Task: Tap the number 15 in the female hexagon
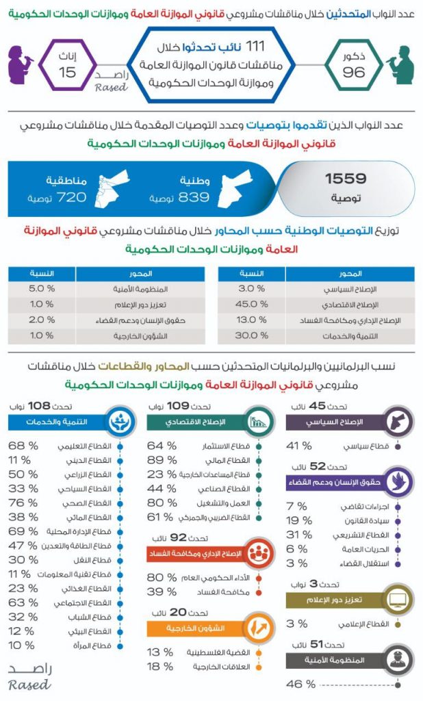[67, 73]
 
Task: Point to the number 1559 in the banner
[346, 179]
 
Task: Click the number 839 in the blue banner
[194, 197]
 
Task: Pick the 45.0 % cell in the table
[251, 305]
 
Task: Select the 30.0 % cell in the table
[251, 335]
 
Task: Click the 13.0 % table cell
[251, 320]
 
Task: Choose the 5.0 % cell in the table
[41, 289]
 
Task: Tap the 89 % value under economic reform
[162, 459]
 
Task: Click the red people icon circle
[257, 553]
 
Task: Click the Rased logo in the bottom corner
[29, 676]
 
